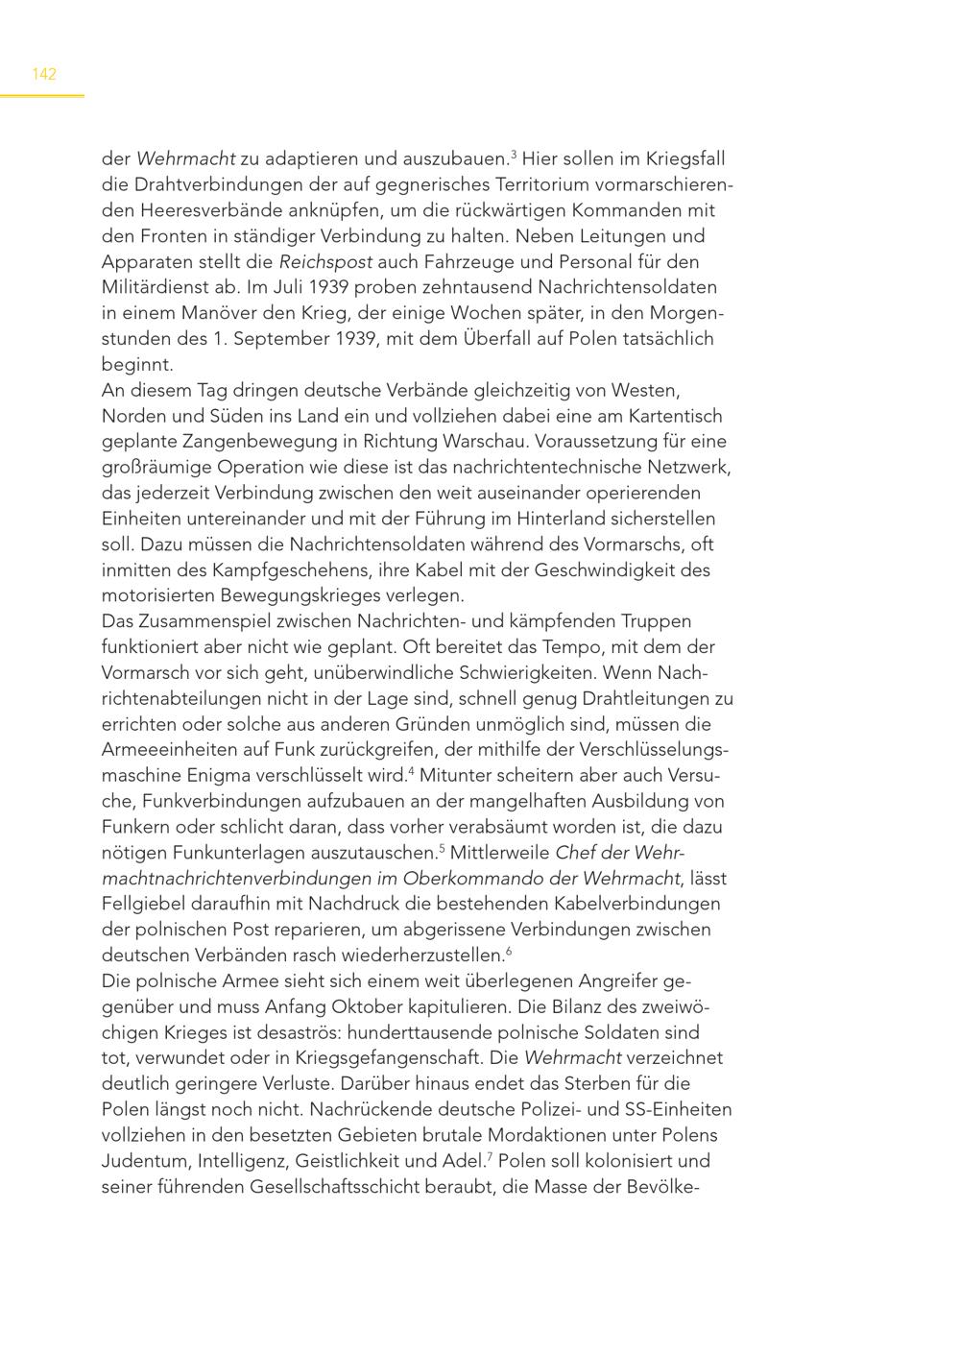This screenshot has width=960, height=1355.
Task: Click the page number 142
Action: (44, 74)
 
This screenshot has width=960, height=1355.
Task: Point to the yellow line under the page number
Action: (42, 95)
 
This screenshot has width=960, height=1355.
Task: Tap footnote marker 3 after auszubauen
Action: (514, 154)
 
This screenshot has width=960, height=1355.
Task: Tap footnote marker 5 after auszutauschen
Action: (442, 847)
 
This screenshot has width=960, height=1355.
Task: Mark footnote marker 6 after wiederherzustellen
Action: (509, 950)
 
